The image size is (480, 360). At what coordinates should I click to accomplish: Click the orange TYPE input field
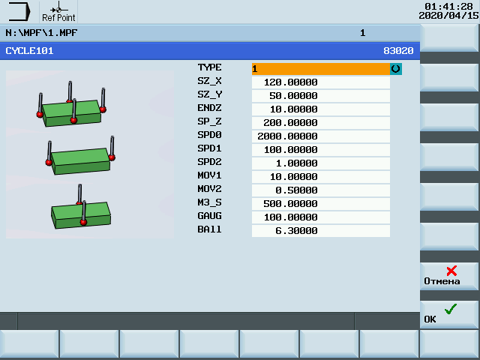320,69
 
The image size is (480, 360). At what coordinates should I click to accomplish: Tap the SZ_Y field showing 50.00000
320,96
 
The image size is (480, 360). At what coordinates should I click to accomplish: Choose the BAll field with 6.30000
320,230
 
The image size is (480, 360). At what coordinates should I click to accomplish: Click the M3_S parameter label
209,202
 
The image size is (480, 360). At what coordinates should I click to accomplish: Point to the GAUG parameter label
209,216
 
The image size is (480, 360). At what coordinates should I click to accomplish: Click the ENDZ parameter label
209,108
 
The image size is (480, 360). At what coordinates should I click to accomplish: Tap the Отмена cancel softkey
448,276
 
